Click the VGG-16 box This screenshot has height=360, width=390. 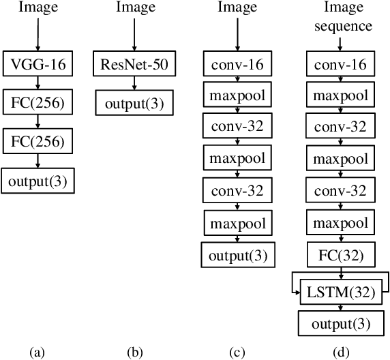38,65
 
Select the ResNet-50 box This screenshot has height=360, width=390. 134,65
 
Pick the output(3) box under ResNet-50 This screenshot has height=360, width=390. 134,104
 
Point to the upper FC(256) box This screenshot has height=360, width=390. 38,104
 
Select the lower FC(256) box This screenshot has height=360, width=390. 38,142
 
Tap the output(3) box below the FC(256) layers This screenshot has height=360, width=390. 38,181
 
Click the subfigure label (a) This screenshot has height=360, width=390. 37,352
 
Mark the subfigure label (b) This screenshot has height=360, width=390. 135,352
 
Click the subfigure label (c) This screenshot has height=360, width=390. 237,352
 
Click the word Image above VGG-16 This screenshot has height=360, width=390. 38,8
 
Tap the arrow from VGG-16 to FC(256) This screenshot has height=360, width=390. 38,85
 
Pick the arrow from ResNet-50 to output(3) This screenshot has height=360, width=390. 134,85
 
